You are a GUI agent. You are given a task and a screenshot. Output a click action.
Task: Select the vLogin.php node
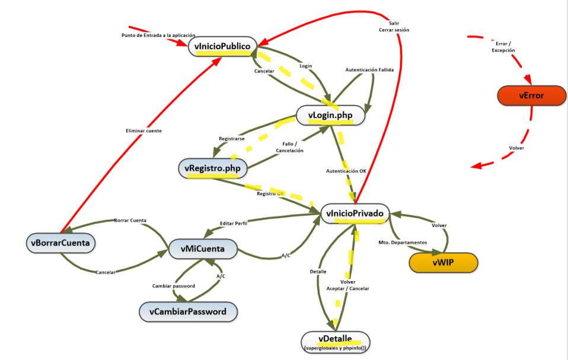330,115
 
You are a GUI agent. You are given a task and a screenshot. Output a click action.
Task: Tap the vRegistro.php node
213,168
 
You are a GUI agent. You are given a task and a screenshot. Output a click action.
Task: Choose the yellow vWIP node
443,262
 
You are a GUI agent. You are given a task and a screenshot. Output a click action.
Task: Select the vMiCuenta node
203,249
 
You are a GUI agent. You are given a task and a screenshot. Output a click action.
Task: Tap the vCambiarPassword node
187,311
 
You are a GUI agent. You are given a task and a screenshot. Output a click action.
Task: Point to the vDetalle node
335,340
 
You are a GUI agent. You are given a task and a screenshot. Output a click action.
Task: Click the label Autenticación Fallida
370,70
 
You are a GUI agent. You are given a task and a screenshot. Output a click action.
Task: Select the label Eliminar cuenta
143,130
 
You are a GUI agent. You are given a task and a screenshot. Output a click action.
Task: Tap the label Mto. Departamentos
403,243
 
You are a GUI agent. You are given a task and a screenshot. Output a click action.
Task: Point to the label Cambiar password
174,286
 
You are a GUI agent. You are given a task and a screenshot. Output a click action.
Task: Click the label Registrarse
232,138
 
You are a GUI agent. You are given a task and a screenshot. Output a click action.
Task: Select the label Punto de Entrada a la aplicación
158,35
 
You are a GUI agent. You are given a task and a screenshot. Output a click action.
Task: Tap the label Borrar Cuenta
130,220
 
